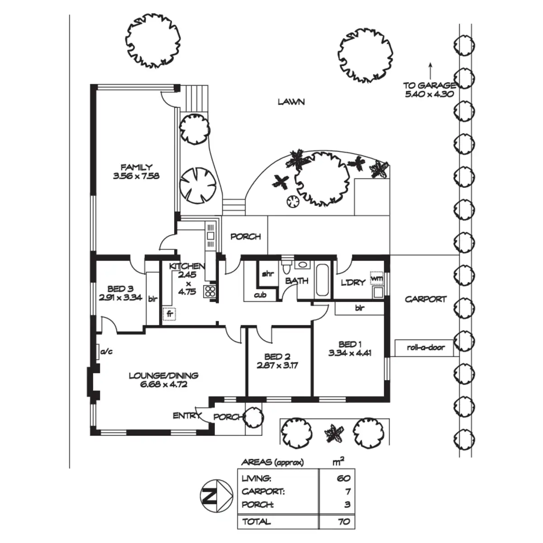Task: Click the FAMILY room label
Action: [136, 167]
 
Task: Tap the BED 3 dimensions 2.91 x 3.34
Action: [120, 298]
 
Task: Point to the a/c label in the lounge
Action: [106, 351]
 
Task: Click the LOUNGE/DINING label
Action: [163, 376]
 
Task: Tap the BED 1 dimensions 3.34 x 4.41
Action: [350, 353]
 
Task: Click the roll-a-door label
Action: [426, 348]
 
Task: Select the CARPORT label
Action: [425, 299]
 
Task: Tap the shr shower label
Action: [268, 274]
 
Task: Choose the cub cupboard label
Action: [260, 295]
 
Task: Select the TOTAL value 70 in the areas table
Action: [344, 522]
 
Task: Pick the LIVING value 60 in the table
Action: [343, 478]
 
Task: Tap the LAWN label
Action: [291, 102]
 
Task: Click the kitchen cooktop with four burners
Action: [210, 291]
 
